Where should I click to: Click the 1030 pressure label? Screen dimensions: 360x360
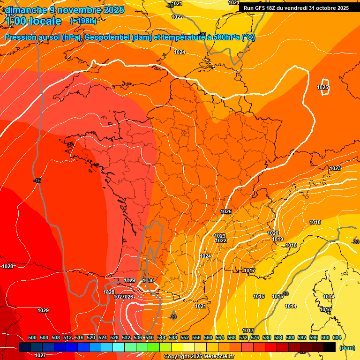[148, 280]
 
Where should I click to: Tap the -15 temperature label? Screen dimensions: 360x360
[37, 181]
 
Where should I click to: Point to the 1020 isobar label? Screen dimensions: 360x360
[273, 233]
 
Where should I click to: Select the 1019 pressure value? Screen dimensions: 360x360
[277, 240]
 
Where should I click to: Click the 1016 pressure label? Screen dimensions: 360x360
[259, 296]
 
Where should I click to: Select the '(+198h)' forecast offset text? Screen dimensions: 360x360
[83, 21]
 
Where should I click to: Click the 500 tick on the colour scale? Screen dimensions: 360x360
[32, 337]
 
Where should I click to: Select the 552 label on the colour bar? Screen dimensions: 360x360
[185, 337]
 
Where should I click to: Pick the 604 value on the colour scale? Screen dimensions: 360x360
[337, 337]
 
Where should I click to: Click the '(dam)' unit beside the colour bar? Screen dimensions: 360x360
[347, 348]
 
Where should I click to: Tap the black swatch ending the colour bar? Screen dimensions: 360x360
[329, 347]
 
